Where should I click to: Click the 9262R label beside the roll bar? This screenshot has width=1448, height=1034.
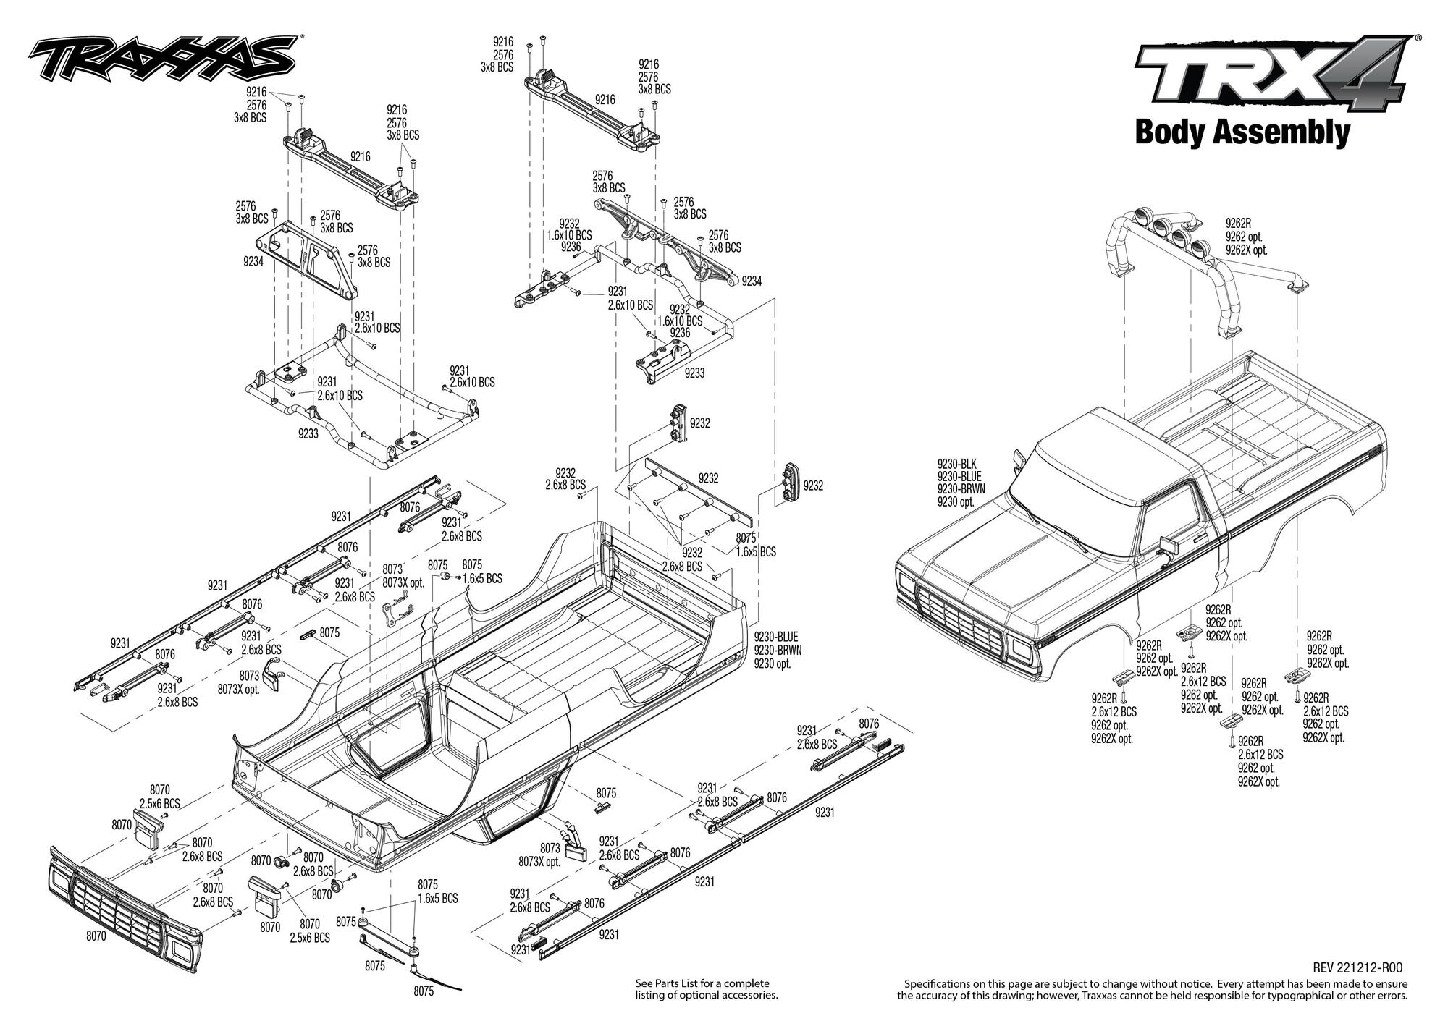(x=1239, y=224)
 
